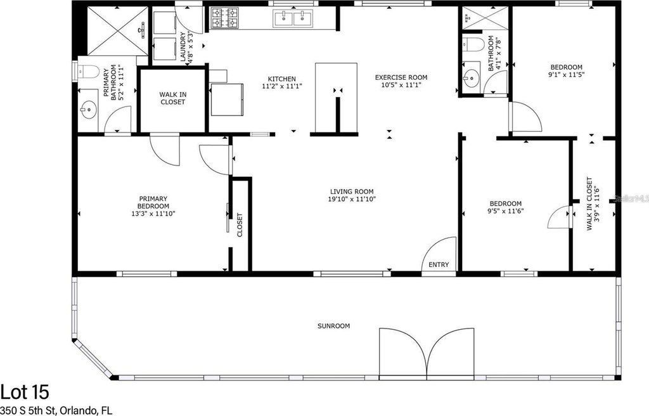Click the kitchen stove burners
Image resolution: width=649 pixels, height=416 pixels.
[x=225, y=18]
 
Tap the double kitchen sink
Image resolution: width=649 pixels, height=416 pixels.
[x=293, y=18]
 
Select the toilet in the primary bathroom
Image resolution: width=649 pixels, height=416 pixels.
[x=89, y=72]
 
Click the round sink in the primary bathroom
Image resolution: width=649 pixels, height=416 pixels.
[x=88, y=110]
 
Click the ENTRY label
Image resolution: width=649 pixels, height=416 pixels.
[x=439, y=265]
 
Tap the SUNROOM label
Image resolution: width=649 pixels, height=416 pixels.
[x=333, y=326]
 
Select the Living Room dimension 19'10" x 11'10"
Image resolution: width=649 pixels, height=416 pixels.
[x=352, y=199]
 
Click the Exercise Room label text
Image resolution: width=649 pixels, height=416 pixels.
[x=401, y=77]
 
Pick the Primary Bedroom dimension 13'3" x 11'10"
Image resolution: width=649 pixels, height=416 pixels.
[x=153, y=214]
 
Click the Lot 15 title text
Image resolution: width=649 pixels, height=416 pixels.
[x=25, y=391]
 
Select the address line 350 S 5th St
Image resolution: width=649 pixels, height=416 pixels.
[x=29, y=411]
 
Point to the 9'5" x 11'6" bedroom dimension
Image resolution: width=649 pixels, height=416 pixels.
[x=506, y=211]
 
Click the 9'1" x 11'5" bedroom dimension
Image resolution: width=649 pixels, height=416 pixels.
[x=566, y=75]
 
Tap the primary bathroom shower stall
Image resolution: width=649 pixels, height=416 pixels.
[x=118, y=30]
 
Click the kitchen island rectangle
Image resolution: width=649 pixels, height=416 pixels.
[x=336, y=98]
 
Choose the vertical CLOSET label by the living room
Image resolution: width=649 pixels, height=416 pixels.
[x=240, y=225]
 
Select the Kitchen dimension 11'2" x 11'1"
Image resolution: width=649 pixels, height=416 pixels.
[x=282, y=87]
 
